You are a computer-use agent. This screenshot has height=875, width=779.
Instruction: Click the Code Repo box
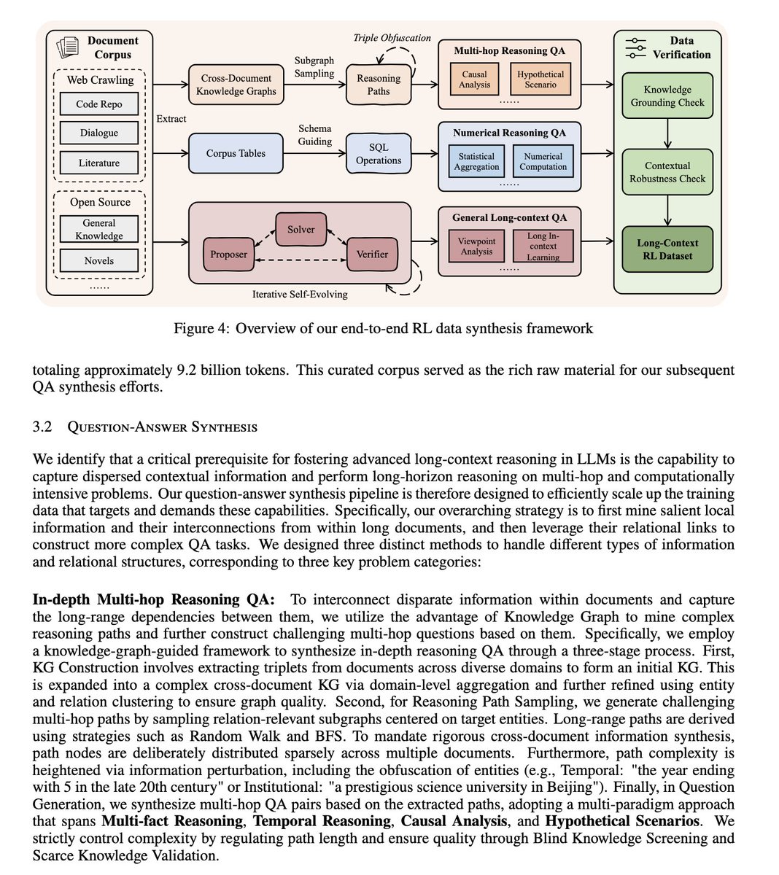pos(99,104)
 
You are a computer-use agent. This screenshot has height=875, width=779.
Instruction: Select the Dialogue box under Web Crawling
pos(99,133)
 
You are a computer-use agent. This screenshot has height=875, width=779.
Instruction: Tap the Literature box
pos(99,163)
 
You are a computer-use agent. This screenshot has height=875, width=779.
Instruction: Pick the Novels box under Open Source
pos(99,260)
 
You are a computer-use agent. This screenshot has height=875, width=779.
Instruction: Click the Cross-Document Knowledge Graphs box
pos(237,85)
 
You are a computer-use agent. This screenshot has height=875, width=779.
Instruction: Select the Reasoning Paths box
pos(379,85)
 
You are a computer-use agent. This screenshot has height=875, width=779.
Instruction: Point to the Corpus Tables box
pos(236,153)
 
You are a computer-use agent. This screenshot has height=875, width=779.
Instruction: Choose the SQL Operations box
pos(379,153)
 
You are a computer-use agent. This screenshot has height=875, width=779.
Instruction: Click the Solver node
pos(301,229)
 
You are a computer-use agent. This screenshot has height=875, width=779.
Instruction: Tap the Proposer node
pos(229,254)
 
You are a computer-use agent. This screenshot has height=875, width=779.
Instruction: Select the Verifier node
pos(372,254)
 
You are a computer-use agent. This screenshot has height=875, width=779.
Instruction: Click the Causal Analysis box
pos(475,79)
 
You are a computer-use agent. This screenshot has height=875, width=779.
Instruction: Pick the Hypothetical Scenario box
pos(540,79)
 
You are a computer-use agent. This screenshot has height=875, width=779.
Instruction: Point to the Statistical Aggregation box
pos(476,162)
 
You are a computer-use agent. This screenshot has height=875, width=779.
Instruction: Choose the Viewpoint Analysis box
pos(476,246)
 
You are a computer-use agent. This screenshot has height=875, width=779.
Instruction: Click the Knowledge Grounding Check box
pos(667,96)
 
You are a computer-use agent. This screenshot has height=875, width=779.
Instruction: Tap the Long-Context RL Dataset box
pos(667,249)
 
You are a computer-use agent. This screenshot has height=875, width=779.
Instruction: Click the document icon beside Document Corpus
pos(68,47)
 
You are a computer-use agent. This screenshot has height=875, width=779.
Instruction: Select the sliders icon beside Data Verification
pos(637,47)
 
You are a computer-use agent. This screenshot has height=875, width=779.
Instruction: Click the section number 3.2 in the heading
pos(42,427)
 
